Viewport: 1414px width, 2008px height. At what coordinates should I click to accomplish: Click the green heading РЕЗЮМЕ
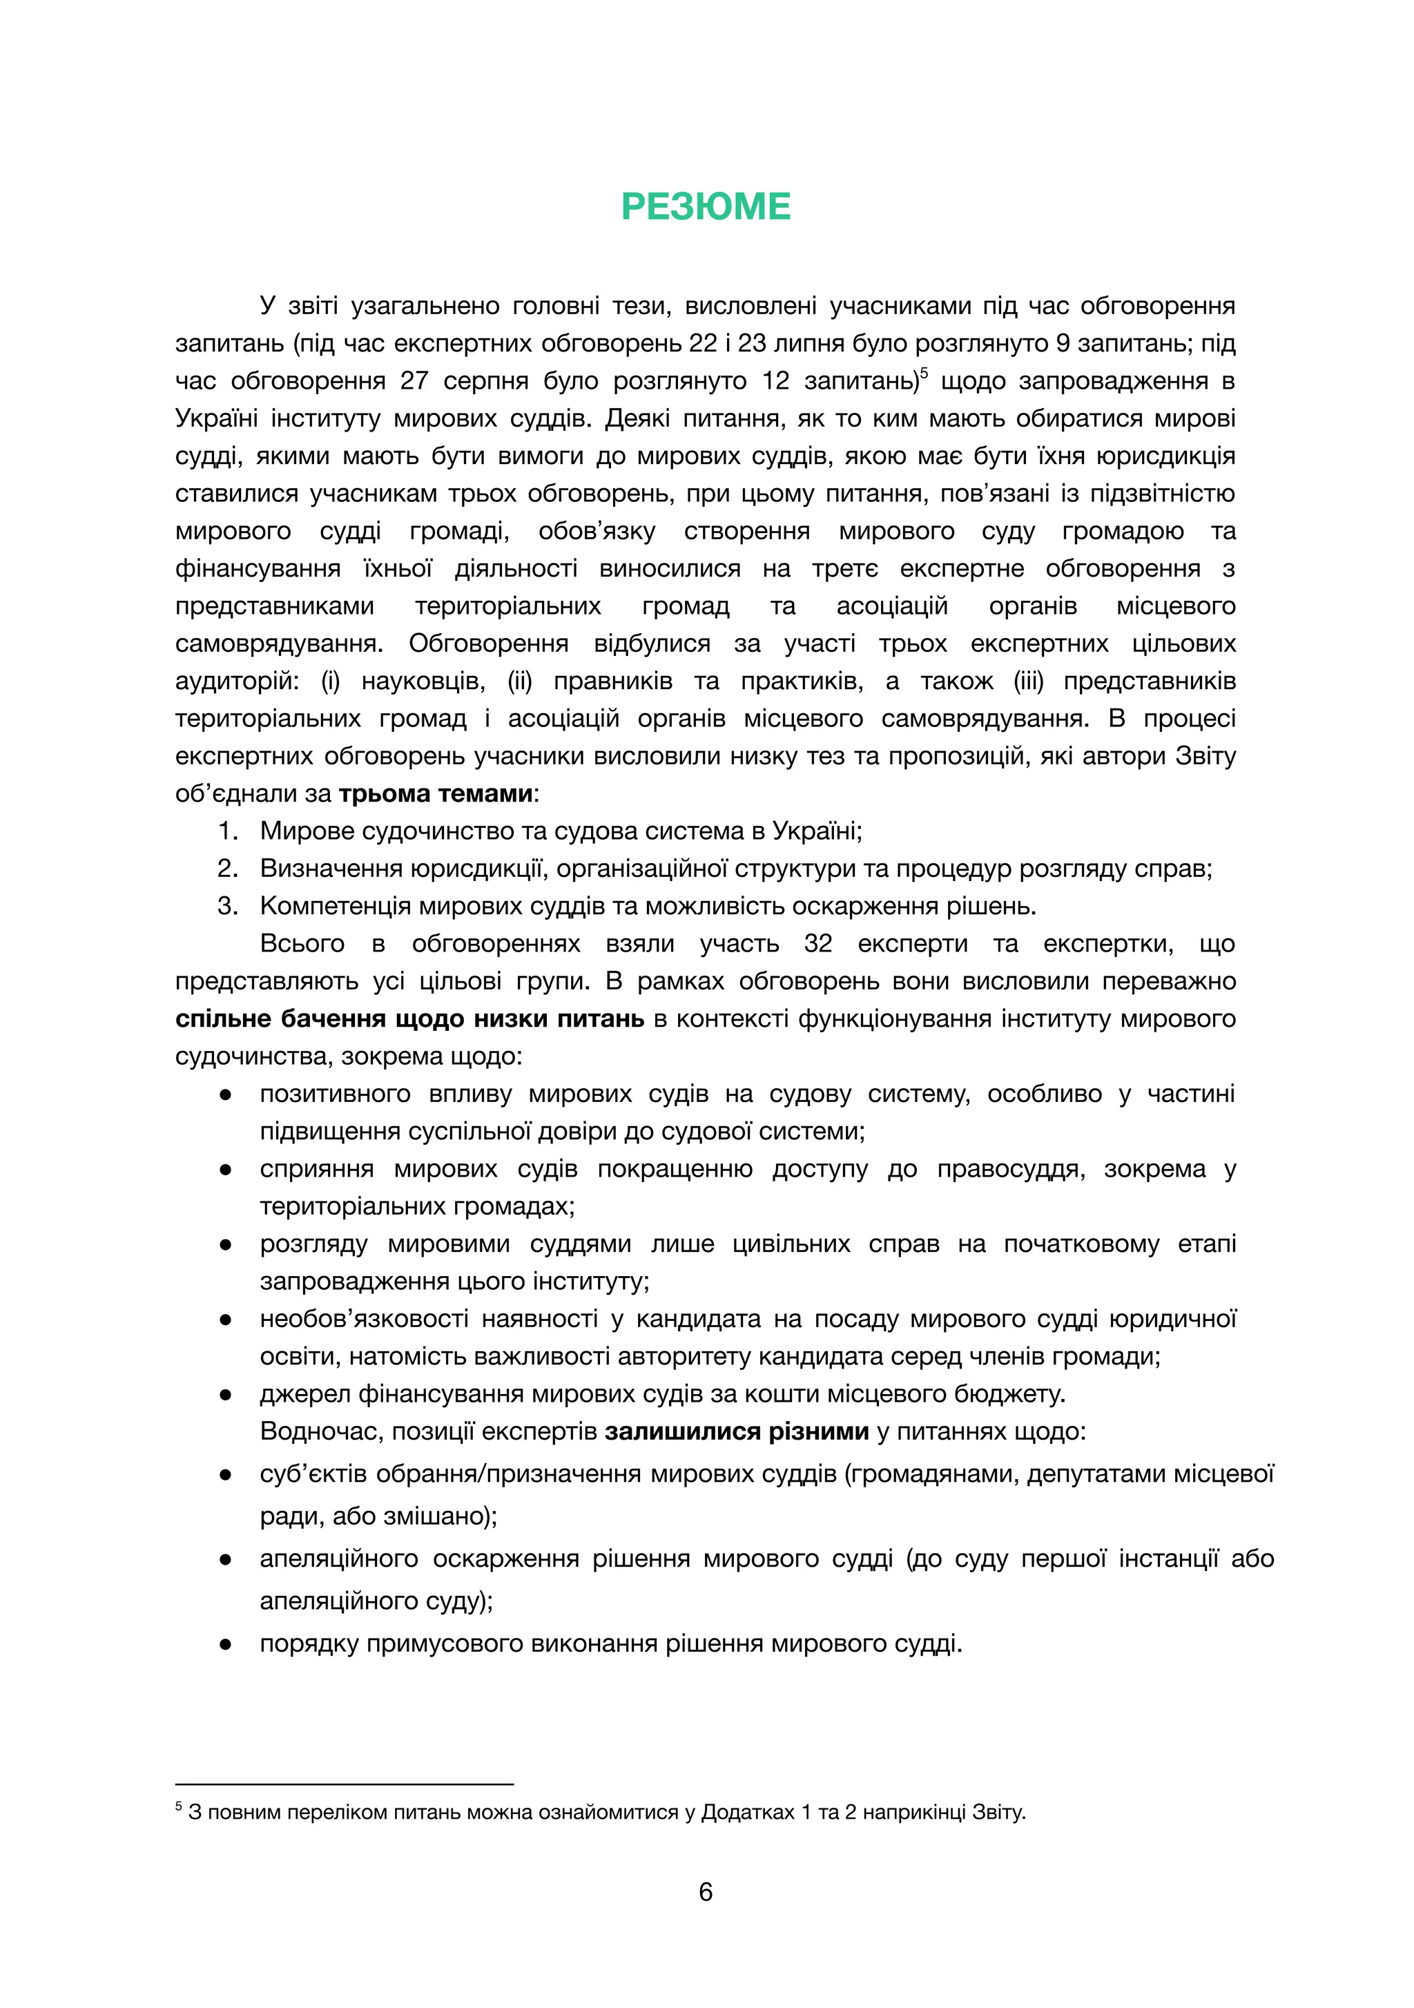point(706,207)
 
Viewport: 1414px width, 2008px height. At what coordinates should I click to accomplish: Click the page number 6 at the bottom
point(706,1892)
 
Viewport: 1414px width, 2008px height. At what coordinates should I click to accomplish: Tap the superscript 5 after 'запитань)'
point(924,373)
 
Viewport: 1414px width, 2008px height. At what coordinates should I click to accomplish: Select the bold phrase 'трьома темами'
point(436,793)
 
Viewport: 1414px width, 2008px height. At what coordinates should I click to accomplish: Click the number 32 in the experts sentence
point(817,944)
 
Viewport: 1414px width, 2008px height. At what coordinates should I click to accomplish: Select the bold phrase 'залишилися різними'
point(736,1431)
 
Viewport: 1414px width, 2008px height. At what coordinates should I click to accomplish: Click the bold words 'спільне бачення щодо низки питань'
point(409,1019)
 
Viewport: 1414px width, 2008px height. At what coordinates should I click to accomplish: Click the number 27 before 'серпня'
point(414,381)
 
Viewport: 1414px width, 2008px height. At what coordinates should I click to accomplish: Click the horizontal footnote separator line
point(344,1784)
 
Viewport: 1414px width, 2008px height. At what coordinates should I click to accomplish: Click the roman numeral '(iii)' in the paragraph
point(1028,682)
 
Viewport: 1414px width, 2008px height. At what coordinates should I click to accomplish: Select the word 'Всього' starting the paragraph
point(302,944)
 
